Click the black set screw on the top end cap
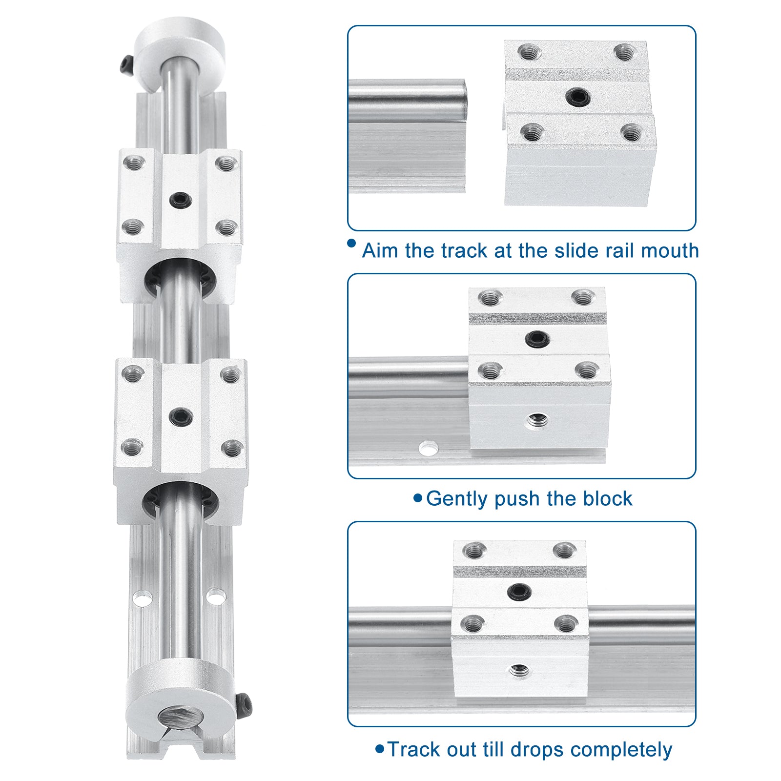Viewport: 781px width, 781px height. (126, 63)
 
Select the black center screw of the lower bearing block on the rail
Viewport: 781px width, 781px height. (181, 417)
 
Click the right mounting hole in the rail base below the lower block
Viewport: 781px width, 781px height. (215, 596)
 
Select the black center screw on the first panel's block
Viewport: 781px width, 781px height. (578, 97)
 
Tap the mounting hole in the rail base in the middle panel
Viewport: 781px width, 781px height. (428, 448)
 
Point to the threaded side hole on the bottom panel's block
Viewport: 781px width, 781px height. (518, 670)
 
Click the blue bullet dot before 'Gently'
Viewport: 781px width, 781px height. (417, 498)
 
